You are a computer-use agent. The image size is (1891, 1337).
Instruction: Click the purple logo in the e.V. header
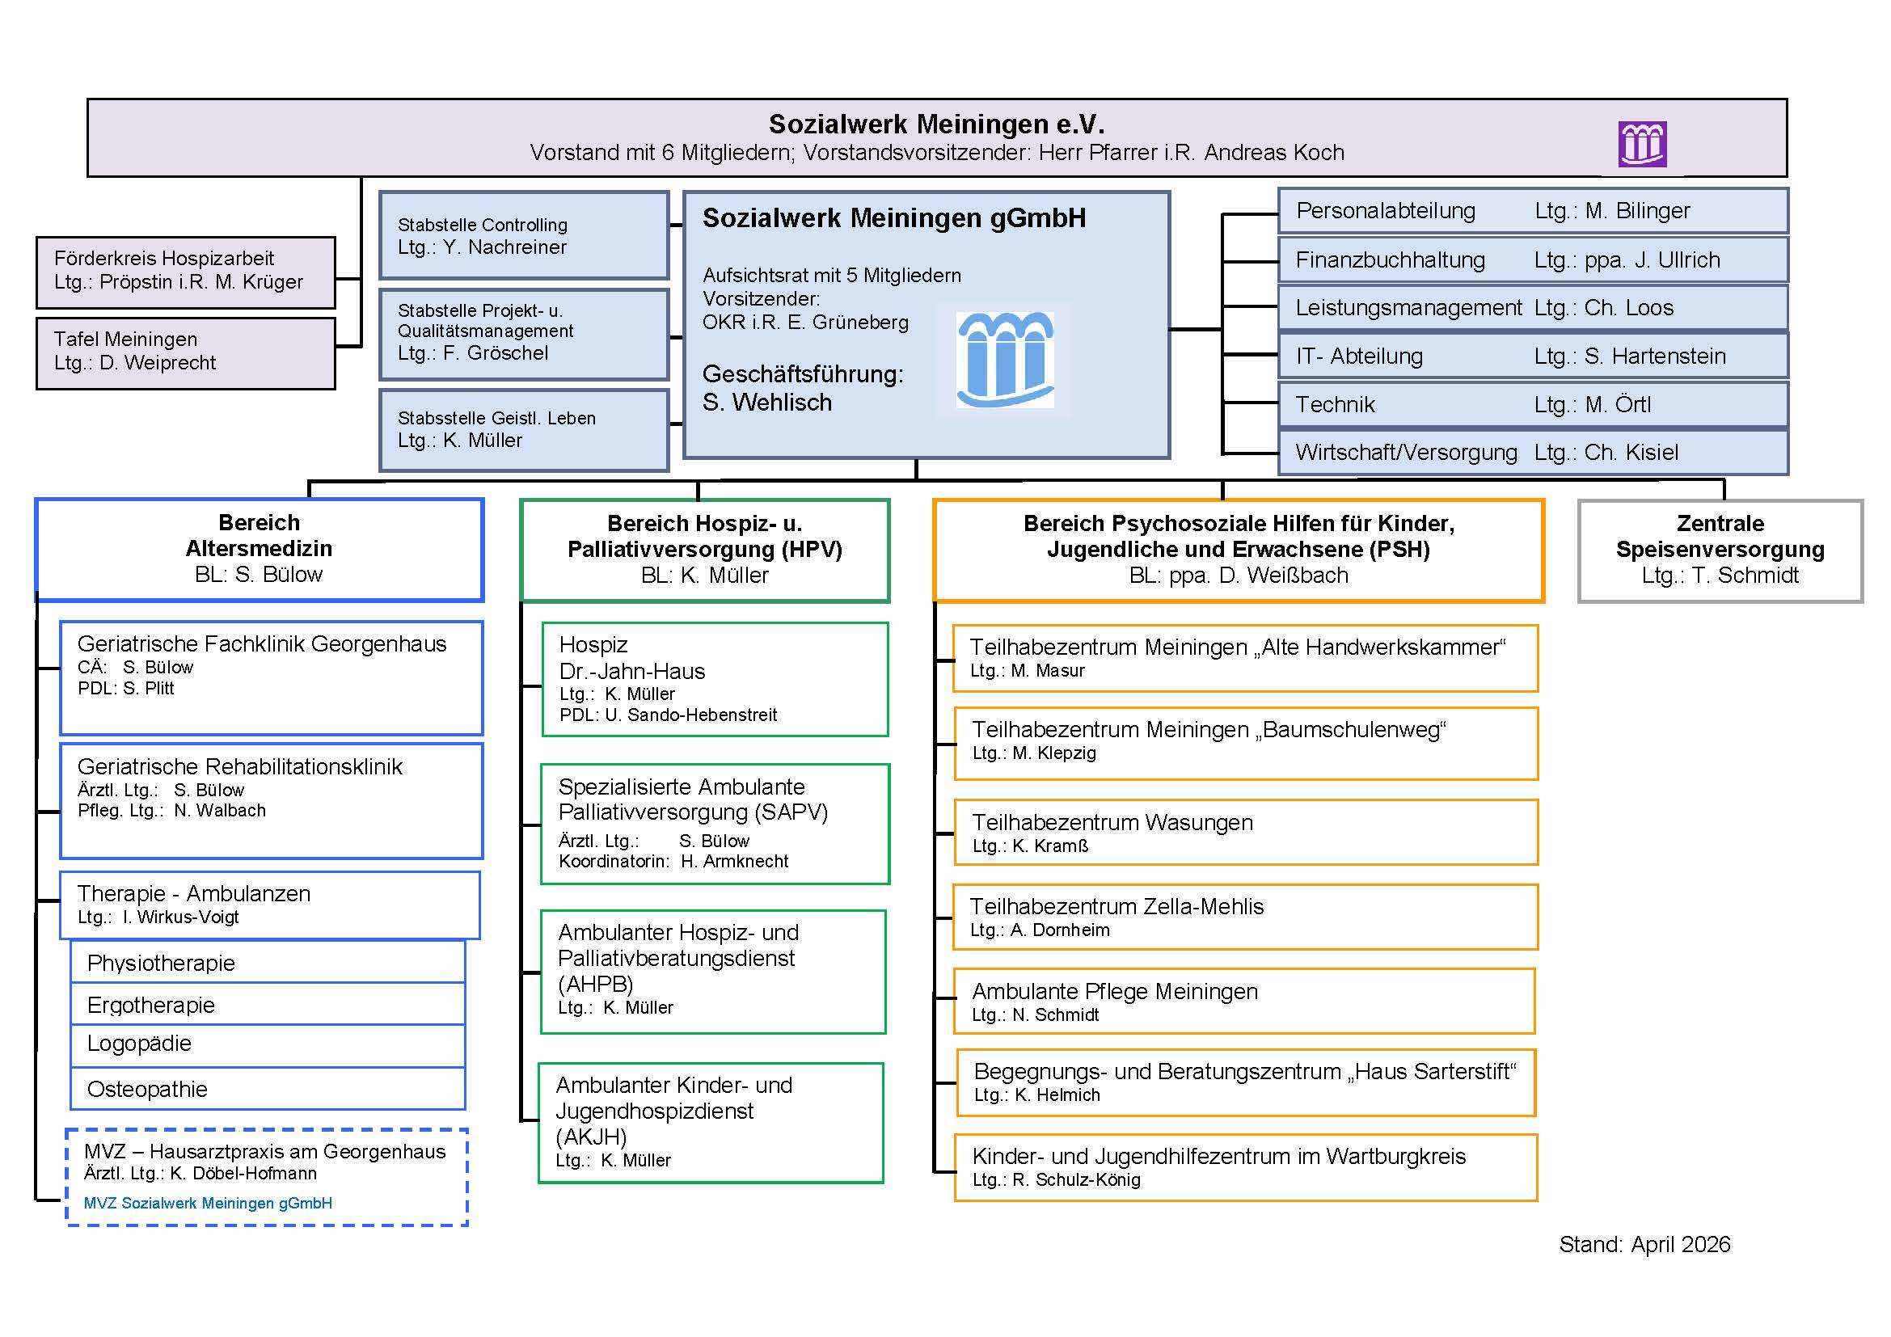tap(1641, 144)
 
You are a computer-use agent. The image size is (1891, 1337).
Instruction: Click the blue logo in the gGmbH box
tap(1005, 360)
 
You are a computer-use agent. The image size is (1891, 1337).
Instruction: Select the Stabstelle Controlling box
tap(523, 235)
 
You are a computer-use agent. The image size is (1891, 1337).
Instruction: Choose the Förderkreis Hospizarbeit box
tap(185, 272)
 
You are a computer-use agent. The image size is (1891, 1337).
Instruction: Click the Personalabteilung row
tap(1532, 211)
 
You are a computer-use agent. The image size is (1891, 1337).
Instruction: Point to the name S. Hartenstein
tap(1655, 356)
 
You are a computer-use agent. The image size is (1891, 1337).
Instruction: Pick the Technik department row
tap(1532, 404)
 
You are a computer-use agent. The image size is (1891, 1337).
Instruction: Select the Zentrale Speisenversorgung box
tap(1720, 550)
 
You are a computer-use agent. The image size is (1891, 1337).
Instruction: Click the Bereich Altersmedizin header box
tap(259, 549)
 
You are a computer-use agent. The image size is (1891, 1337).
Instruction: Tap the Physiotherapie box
tap(268, 963)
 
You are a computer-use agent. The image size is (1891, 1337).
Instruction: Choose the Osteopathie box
tap(268, 1088)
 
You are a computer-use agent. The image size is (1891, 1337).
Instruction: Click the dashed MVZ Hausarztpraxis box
tap(267, 1176)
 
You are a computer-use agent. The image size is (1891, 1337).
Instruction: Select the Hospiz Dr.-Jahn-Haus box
tap(714, 678)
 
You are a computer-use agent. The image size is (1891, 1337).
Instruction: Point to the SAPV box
tap(714, 823)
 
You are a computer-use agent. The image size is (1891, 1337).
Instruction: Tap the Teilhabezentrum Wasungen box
tap(1244, 832)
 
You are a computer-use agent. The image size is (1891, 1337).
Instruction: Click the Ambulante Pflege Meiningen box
tap(1243, 1000)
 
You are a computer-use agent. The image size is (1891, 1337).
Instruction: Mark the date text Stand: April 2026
tap(1644, 1244)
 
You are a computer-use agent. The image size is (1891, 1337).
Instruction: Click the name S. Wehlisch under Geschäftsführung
tap(766, 403)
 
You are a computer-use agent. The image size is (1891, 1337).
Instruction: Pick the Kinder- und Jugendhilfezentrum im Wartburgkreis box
tap(1244, 1166)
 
